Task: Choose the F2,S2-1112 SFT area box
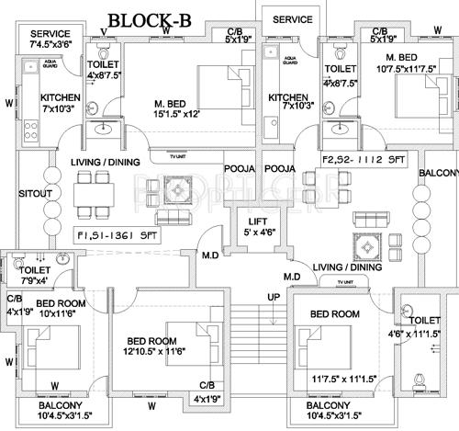(x=364, y=158)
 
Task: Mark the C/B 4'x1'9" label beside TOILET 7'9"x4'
(x=17, y=304)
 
